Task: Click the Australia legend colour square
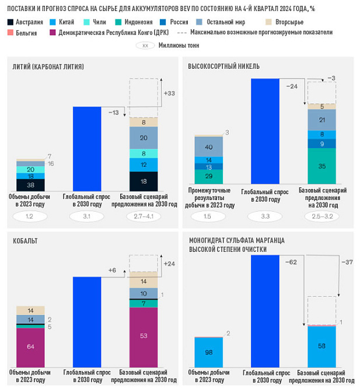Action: (11, 22)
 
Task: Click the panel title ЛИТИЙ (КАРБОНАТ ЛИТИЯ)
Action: (48, 66)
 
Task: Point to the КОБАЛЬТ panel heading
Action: (27, 240)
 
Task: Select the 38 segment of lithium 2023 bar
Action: (30, 185)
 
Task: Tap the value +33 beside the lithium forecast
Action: (169, 93)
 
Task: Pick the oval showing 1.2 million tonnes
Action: (30, 216)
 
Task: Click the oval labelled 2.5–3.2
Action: (322, 217)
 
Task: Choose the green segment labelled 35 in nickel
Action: (322, 166)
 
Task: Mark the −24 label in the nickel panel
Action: (292, 86)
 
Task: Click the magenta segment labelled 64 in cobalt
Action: (30, 346)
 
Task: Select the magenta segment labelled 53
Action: (143, 336)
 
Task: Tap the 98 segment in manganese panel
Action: (208, 352)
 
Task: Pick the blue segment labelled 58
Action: (321, 346)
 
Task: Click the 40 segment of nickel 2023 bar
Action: (208, 146)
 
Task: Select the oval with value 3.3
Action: (265, 217)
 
